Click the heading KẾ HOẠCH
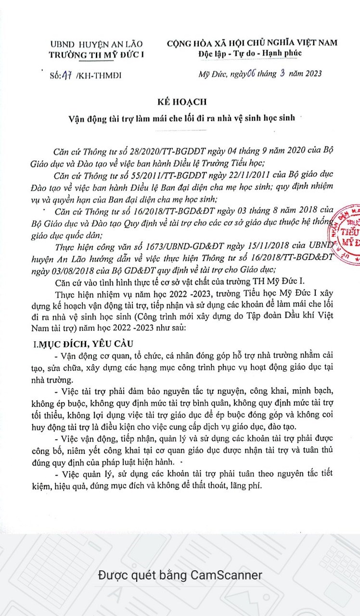[181, 102]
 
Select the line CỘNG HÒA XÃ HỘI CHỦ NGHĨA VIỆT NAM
[252, 43]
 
